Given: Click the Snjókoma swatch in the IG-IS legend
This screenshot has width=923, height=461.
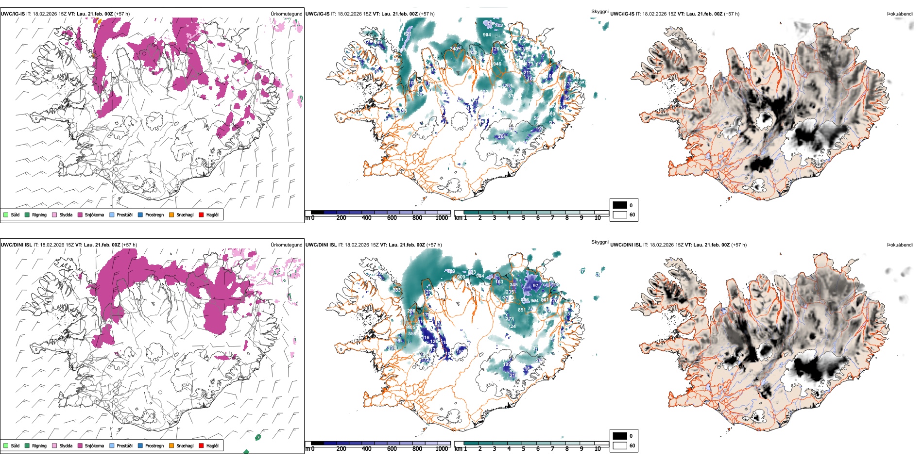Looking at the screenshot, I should coord(80,214).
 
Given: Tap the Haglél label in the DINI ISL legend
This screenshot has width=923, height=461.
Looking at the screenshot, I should coord(212,445).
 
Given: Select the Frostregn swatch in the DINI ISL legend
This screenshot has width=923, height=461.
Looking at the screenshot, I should coord(140,445).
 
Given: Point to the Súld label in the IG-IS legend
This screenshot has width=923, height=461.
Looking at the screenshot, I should coord(15,214).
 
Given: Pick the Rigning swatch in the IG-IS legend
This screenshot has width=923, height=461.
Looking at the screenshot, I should coord(27,214).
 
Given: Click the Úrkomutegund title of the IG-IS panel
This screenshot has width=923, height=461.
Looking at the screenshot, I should coord(286,14).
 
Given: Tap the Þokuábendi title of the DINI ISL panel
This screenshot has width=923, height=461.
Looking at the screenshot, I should coord(900,245).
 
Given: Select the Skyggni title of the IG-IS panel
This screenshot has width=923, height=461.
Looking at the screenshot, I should coord(599,11).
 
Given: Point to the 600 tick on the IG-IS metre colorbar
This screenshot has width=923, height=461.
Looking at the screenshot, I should coord(392,218).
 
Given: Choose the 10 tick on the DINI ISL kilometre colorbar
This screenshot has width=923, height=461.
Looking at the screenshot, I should coord(598,449).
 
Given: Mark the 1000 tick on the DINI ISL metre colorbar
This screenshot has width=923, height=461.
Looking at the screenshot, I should coord(442,449).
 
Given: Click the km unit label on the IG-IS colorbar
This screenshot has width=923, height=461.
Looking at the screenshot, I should coord(458,218).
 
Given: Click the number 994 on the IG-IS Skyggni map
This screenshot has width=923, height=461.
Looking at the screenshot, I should coord(487,35).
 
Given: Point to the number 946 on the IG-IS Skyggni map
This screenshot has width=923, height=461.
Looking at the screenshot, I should coord(497,64).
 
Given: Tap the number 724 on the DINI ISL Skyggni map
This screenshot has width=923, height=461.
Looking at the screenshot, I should coord(512,327).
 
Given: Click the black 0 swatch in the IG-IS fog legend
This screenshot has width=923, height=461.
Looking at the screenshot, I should coord(620,205).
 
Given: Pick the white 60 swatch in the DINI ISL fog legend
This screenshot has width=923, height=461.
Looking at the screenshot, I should coord(620,445).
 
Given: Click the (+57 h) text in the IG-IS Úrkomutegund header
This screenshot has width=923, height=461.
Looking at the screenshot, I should coord(122,14).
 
